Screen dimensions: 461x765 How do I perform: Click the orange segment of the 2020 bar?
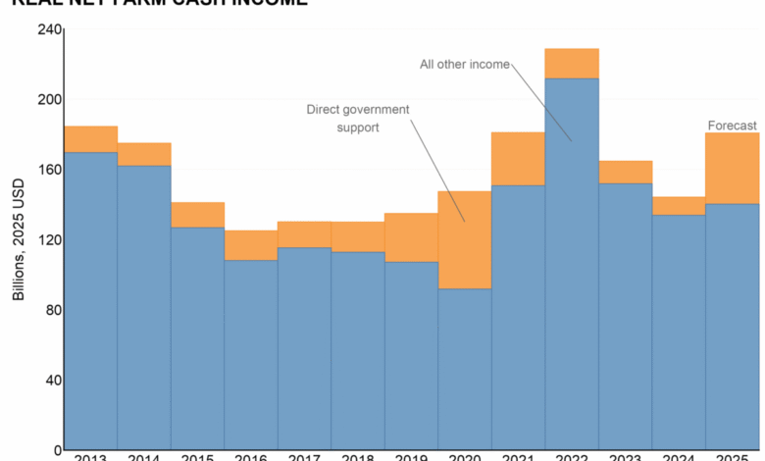[x=464, y=239]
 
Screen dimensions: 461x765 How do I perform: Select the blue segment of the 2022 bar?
[x=572, y=265]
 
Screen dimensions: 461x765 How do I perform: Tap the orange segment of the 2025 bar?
[x=733, y=168]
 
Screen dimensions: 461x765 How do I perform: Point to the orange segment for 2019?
[x=411, y=237]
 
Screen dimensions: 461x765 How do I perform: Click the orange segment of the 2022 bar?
[x=572, y=63]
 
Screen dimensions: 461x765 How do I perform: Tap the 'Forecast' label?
[x=733, y=126]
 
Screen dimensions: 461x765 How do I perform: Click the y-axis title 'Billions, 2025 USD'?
[x=19, y=240]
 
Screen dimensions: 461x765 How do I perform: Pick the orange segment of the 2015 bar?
[x=197, y=215]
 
